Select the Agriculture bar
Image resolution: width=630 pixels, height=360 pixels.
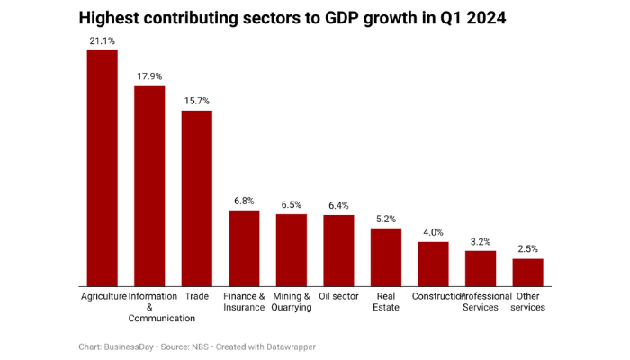[x=102, y=167]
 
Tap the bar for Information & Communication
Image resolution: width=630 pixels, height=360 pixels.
[x=149, y=185]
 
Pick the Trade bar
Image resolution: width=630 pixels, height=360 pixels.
[x=196, y=198]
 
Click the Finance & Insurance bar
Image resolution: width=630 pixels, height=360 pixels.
[x=244, y=247]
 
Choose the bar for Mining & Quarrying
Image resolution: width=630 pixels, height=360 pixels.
[x=291, y=249]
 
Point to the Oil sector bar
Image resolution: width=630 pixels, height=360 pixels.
[x=338, y=250]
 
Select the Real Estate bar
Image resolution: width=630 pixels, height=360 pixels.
[x=385, y=256]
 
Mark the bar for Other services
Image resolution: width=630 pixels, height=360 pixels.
[x=527, y=272]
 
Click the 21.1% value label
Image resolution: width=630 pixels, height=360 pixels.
[x=102, y=41]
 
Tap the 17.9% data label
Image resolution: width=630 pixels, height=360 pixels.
[x=149, y=76]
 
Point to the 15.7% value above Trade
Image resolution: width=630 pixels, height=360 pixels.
[x=196, y=101]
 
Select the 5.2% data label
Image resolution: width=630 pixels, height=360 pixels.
[x=385, y=219]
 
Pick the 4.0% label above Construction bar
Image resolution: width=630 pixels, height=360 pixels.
[x=433, y=232]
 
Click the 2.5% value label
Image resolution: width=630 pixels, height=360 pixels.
[x=527, y=249]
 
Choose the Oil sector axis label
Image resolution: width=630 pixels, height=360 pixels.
[x=338, y=296]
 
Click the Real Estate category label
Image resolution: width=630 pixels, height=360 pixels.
[x=385, y=301]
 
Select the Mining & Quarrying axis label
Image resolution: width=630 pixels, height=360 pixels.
[x=291, y=301]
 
